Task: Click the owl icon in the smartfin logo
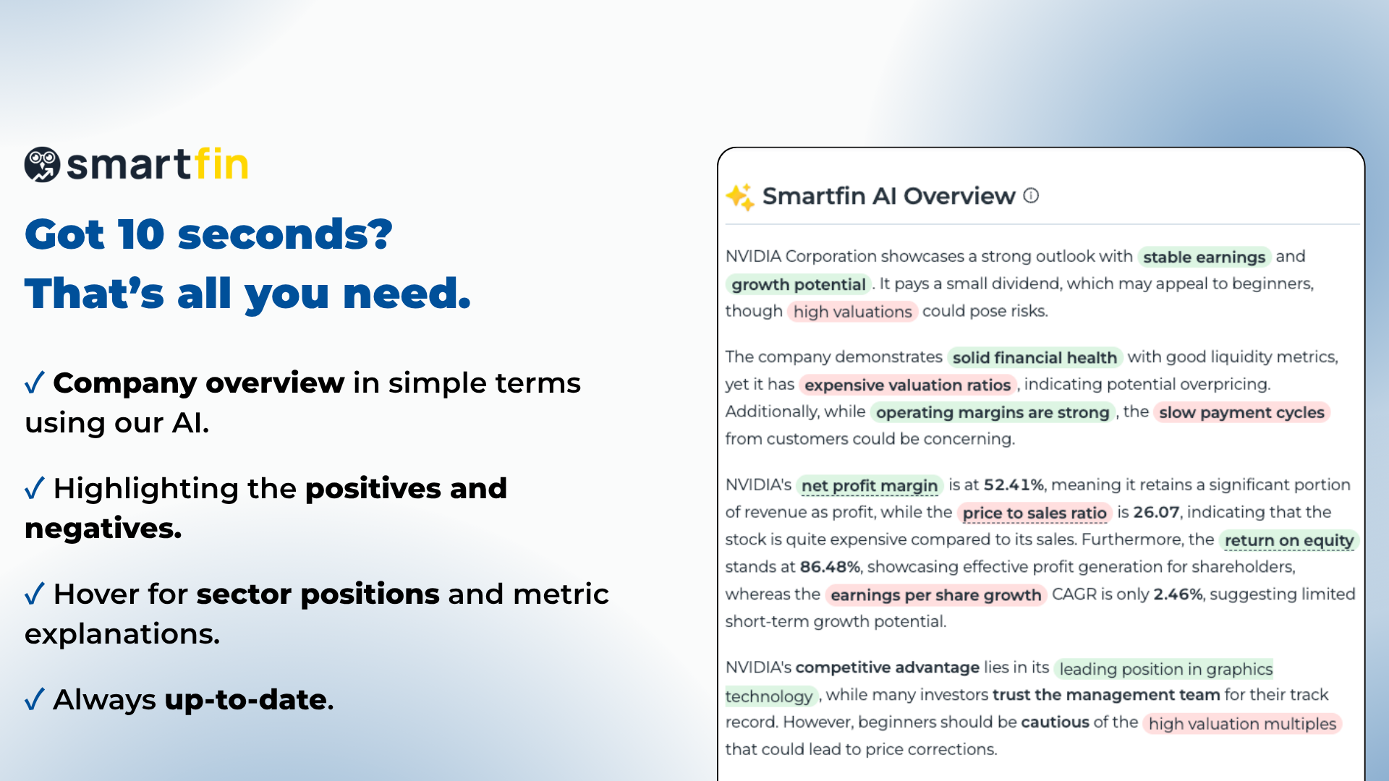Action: tap(42, 165)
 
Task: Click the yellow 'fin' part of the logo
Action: tap(221, 164)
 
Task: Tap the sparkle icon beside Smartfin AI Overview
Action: tap(740, 197)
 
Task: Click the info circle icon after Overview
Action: tap(1031, 196)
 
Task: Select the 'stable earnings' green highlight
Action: tap(1204, 257)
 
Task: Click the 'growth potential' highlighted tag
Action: tap(798, 284)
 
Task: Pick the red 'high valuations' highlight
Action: tap(852, 312)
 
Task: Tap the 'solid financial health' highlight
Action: tap(1034, 357)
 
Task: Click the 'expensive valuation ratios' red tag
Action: tap(907, 385)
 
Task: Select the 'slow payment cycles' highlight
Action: tap(1241, 412)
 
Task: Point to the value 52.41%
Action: tap(1014, 485)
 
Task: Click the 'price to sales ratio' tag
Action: tap(1034, 513)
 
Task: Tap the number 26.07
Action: tap(1155, 512)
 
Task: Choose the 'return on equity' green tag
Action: tap(1288, 540)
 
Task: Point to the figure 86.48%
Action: tap(830, 567)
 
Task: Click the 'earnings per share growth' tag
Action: tap(935, 595)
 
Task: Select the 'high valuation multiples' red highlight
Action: tap(1241, 724)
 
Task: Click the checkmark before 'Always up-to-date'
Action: tap(35, 699)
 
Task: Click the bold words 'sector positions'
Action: tap(318, 594)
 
